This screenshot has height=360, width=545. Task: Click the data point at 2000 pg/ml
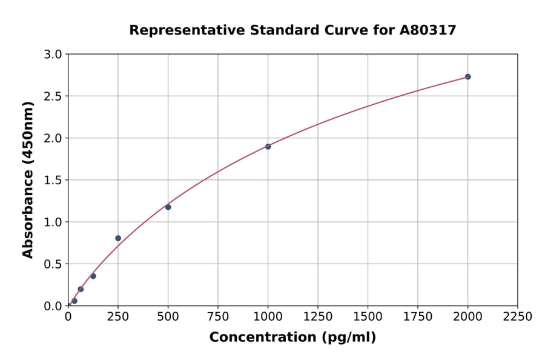pos(467,77)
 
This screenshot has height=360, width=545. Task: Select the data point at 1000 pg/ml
pos(268,147)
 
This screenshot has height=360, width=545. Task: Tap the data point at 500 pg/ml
pos(168,207)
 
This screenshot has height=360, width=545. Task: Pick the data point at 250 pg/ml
pos(118,238)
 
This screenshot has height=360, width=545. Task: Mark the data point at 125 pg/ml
pos(93,276)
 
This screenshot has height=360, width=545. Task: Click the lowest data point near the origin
pos(74,301)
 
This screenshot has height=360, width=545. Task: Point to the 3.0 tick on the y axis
pos(53,55)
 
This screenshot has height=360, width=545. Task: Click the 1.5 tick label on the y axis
pos(53,180)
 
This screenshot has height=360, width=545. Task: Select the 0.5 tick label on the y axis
pos(53,264)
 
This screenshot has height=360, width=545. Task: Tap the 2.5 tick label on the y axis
pos(53,96)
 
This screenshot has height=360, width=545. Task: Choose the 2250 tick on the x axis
pos(518,316)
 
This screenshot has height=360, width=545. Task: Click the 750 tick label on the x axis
pos(218,316)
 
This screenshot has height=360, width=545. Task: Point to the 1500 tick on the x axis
pos(368,316)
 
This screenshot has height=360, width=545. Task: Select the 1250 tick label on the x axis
pos(318,316)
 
